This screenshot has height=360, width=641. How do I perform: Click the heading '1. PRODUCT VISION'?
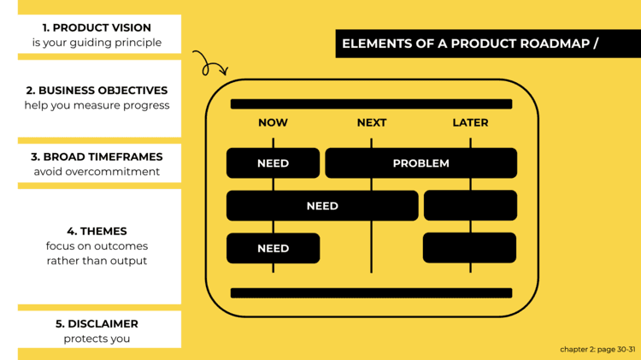pos(97,28)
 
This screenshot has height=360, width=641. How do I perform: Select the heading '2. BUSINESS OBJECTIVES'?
pos(97,91)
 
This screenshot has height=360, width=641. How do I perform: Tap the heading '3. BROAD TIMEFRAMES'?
pos(97,157)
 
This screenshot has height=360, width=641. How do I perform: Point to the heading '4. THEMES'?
pos(97,232)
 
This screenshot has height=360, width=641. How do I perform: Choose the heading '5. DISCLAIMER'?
pos(97,324)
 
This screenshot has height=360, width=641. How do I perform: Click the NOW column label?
pos(273,123)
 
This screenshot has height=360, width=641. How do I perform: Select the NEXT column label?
pos(371,123)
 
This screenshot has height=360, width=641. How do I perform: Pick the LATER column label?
pos(470,123)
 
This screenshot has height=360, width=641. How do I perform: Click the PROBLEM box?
pos(420,163)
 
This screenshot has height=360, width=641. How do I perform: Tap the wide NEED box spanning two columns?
pos(322,206)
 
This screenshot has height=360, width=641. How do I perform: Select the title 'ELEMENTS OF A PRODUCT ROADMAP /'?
pos(470,44)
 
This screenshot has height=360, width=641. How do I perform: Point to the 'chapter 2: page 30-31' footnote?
pos(597,350)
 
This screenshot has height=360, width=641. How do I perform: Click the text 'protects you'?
pos(97,339)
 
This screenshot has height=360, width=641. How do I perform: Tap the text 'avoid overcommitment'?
pos(97,172)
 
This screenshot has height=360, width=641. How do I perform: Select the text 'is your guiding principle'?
pos(97,43)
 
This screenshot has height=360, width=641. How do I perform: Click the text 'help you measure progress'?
pos(97,105)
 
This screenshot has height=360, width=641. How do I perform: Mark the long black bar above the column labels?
pos(371,104)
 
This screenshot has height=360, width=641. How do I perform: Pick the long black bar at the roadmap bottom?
pos(371,293)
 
